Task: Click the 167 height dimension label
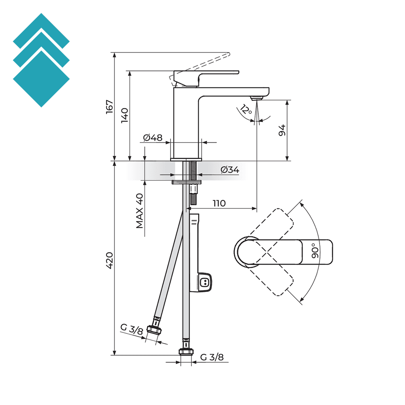(110, 107)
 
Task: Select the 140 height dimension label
(125, 115)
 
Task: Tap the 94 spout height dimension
(282, 130)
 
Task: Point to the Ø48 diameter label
(153, 138)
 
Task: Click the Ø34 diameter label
(230, 170)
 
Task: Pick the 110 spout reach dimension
(219, 203)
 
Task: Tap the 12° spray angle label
(246, 110)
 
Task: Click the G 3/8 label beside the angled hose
(132, 329)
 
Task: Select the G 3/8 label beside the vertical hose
(212, 357)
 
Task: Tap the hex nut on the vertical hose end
(185, 351)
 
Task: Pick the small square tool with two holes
(205, 282)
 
